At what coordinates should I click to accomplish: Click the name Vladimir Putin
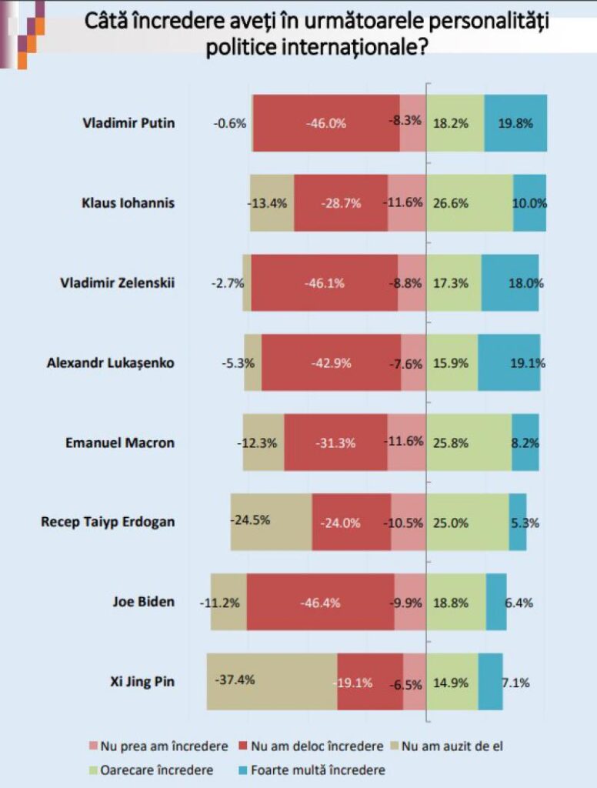click(129, 123)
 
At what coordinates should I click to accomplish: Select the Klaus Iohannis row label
click(128, 203)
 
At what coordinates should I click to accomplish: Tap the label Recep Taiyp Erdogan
click(108, 522)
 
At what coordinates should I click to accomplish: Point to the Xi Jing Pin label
click(143, 682)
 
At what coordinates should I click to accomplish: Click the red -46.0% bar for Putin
click(325, 123)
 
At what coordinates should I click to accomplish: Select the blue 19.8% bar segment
click(515, 123)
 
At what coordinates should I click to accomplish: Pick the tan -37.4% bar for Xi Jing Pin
click(271, 682)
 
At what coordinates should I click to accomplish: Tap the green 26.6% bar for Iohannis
click(469, 203)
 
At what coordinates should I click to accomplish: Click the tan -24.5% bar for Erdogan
click(271, 522)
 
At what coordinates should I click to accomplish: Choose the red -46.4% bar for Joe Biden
click(320, 602)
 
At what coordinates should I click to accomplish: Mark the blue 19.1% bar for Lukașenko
click(509, 362)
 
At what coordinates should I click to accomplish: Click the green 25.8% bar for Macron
click(469, 442)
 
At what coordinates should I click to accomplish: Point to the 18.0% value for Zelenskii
click(525, 283)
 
